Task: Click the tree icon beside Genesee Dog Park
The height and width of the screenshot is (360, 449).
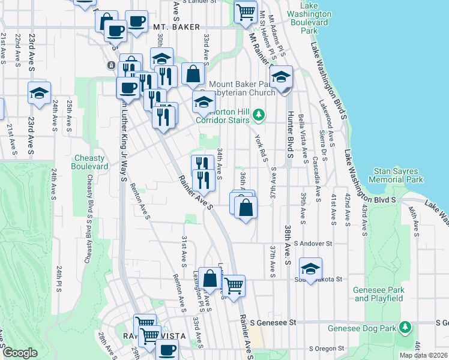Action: (x=406, y=328)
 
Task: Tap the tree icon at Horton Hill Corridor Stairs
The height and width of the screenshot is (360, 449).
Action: (x=259, y=114)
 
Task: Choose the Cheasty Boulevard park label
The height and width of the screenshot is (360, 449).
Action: (x=91, y=162)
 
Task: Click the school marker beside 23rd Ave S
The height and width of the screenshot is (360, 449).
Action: (x=39, y=94)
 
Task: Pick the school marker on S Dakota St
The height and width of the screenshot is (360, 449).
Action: (x=310, y=269)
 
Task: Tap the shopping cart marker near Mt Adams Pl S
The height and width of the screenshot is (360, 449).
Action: (x=245, y=11)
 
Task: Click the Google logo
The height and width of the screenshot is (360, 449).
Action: (x=20, y=353)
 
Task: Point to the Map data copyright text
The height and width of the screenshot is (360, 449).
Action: (x=423, y=355)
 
